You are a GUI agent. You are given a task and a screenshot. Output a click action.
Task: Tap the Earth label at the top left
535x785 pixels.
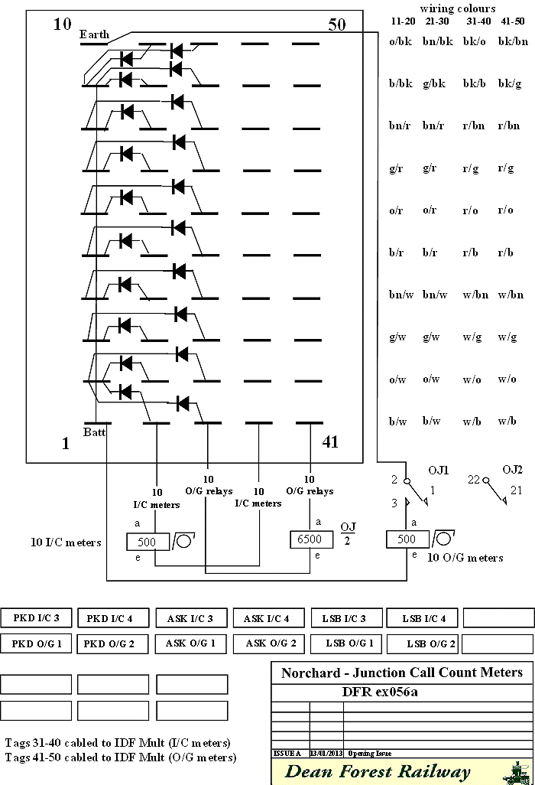tap(95, 34)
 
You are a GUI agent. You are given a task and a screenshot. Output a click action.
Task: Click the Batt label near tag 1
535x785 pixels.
tap(95, 432)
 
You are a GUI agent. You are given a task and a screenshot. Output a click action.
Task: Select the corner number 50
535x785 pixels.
tap(336, 24)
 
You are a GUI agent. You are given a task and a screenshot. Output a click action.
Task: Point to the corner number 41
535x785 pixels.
tap(330, 441)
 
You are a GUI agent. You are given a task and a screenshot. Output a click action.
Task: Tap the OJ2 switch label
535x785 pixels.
tap(512, 469)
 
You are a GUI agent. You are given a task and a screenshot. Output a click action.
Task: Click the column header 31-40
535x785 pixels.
tap(479, 21)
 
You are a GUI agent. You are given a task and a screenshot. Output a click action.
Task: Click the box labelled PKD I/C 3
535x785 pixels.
tap(36, 618)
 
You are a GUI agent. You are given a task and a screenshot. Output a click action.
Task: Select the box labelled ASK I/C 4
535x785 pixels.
tap(266, 618)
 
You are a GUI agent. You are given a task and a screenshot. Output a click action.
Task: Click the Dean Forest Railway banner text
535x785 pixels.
tap(378, 771)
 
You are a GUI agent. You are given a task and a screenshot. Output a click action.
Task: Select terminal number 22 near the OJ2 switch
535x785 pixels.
tap(474, 480)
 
